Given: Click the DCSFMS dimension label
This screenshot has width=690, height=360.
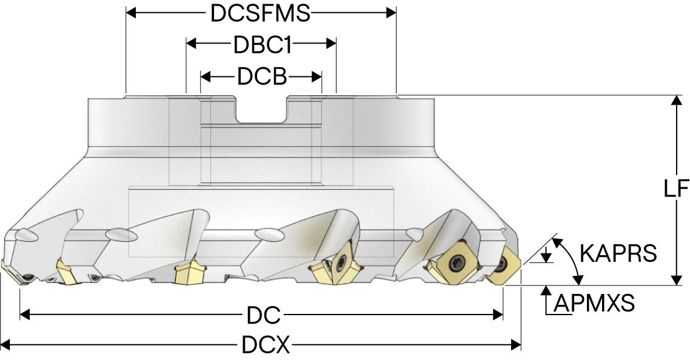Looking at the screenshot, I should (261, 13).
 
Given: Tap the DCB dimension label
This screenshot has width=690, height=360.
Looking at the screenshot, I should (261, 77).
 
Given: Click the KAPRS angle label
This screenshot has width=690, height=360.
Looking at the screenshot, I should (618, 253).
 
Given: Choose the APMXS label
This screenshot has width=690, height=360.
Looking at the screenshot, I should (595, 302).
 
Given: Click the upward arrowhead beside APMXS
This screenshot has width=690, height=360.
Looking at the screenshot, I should (547, 291).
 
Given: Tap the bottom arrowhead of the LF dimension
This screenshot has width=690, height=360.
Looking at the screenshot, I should (675, 280).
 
